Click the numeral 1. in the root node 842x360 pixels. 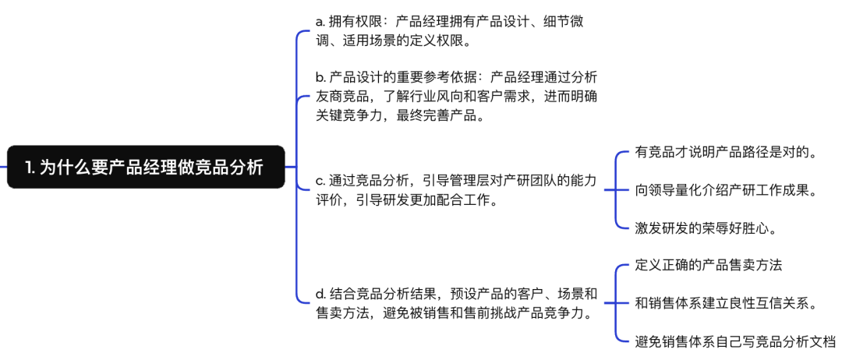click(31, 167)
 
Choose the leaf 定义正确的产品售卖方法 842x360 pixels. click(709, 265)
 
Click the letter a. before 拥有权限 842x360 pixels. click(320, 21)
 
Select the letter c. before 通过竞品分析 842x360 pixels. click(320, 181)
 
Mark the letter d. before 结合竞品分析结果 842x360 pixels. click(320, 294)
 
